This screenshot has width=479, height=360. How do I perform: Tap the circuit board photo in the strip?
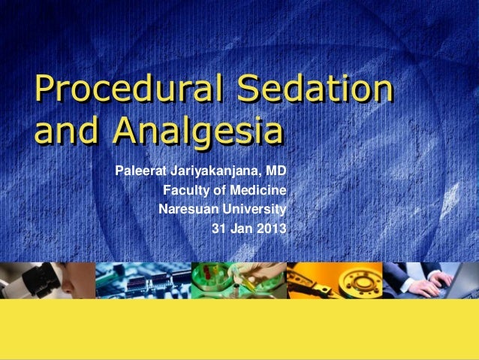pos(143,280)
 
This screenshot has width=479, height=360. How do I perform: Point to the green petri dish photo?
pos(239,280)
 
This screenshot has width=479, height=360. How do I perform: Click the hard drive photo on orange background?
pos(334,280)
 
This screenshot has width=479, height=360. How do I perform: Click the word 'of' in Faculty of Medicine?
pos(216,189)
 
